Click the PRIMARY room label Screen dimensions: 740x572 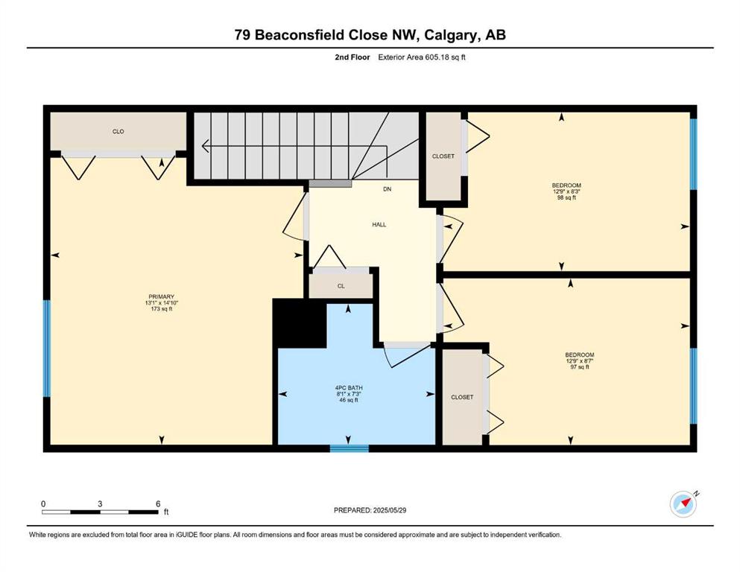[x=162, y=296]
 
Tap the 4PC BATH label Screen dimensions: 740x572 [x=349, y=387]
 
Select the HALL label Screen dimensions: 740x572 [x=379, y=225]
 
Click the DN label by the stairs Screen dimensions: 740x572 [x=387, y=189]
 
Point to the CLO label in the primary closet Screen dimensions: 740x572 [x=118, y=132]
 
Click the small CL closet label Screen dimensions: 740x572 [x=341, y=286]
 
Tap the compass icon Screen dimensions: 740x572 [x=683, y=504]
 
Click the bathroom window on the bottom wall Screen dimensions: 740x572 [x=349, y=448]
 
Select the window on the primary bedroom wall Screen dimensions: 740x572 [x=47, y=349]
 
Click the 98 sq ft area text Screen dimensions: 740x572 [x=566, y=197]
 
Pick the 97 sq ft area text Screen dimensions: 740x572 [x=580, y=367]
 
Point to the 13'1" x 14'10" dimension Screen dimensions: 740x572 [x=162, y=302]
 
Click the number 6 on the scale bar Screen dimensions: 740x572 [x=158, y=503]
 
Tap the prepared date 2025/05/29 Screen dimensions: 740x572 [x=389, y=510]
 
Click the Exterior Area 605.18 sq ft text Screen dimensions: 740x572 [x=422, y=57]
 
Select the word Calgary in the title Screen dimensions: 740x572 [x=450, y=35]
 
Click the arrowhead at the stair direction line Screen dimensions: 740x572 [x=205, y=146]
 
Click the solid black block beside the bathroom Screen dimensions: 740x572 [x=300, y=323]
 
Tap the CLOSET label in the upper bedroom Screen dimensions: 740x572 [x=443, y=156]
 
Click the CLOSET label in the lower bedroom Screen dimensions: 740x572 [x=462, y=397]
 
